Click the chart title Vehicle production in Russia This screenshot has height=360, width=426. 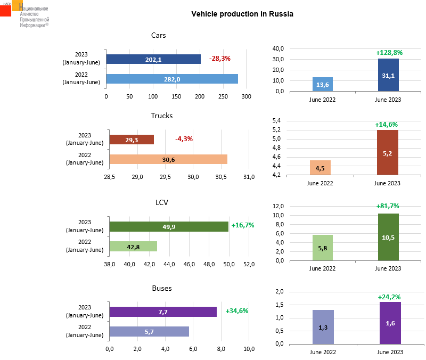point(242,14)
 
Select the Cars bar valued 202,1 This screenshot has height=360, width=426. point(153,59)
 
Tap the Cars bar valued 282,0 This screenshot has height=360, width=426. point(171,79)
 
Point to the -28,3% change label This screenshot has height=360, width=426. point(220,59)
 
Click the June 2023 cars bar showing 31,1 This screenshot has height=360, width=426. point(388,75)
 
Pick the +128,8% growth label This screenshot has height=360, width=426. point(389,53)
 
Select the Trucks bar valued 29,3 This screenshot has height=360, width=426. point(132,140)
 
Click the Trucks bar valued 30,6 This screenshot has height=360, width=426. point(168,159)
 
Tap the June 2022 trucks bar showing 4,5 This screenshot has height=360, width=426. point(321,167)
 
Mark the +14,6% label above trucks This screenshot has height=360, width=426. point(387,125)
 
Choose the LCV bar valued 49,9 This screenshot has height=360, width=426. point(169,226)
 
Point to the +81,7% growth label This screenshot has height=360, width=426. point(388,206)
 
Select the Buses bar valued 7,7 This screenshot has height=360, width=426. point(163,312)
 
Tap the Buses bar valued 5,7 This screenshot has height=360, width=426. point(149,331)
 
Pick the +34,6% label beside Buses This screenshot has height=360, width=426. point(237,311)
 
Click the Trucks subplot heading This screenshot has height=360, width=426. point(162,116)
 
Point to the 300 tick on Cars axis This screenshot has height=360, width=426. point(247,96)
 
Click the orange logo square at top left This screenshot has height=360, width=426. point(17,5)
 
